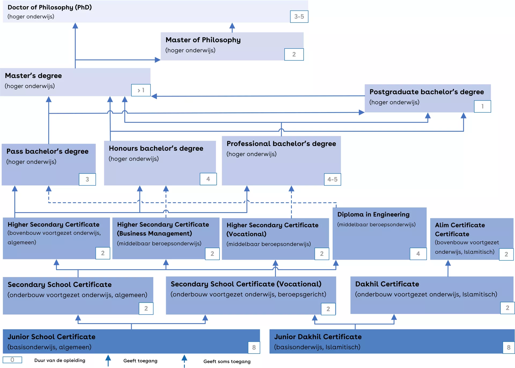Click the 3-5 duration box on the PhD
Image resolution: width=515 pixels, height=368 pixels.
[x=299, y=17]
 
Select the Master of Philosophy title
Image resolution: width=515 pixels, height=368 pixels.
[x=203, y=40]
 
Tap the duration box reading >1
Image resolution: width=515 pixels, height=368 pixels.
[x=141, y=90]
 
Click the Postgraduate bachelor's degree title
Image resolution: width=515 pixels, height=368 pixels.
[x=426, y=92]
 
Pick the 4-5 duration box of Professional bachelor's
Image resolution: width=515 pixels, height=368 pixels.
[x=332, y=179]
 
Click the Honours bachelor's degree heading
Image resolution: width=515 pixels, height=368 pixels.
[x=156, y=148]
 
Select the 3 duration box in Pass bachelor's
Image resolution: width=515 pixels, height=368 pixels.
[x=87, y=179]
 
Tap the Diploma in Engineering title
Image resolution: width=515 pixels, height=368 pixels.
[x=373, y=215]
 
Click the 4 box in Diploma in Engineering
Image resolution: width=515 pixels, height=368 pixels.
[x=418, y=254]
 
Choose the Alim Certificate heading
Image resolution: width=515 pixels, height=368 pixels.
[x=460, y=225]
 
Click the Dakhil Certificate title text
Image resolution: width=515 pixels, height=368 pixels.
[x=387, y=284]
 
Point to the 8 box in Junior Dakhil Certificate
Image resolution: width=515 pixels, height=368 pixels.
[x=509, y=348]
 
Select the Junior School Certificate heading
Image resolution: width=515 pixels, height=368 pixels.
[x=51, y=337]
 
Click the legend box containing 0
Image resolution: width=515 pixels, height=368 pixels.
[x=12, y=360]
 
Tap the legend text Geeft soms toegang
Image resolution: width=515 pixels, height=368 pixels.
[x=227, y=362]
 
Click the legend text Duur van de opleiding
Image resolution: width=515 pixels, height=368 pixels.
[x=60, y=360]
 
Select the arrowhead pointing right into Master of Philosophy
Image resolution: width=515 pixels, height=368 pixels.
[x=158, y=60]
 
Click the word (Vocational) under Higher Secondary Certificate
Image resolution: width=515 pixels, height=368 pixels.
[x=246, y=234]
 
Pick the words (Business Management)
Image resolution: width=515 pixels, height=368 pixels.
[x=154, y=234]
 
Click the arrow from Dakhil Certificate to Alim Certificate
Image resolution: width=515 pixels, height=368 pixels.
[x=448, y=268]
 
